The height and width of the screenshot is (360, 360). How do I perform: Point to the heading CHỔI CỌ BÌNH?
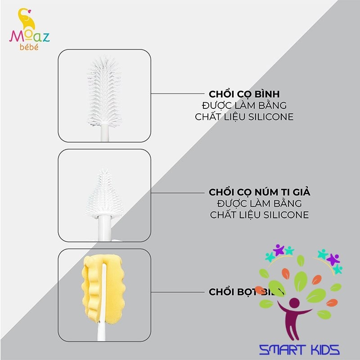tap(244, 94)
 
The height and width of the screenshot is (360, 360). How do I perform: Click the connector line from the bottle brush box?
tap(178, 94)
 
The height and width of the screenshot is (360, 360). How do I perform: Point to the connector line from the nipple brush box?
tap(178, 193)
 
